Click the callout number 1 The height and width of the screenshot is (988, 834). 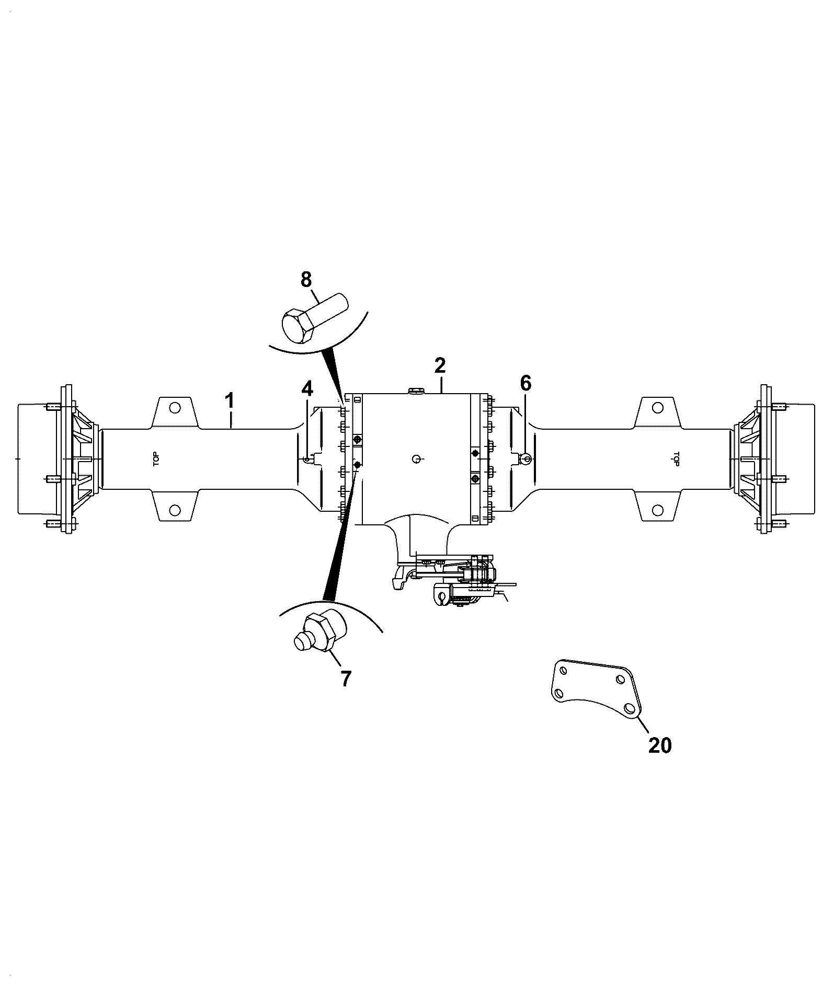229,402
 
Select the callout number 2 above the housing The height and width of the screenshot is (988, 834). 440,366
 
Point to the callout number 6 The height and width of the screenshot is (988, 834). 525,384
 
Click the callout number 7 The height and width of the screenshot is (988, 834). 346,679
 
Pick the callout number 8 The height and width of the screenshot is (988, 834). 306,280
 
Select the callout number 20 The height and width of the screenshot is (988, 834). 659,745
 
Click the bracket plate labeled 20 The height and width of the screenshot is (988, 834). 593,690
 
